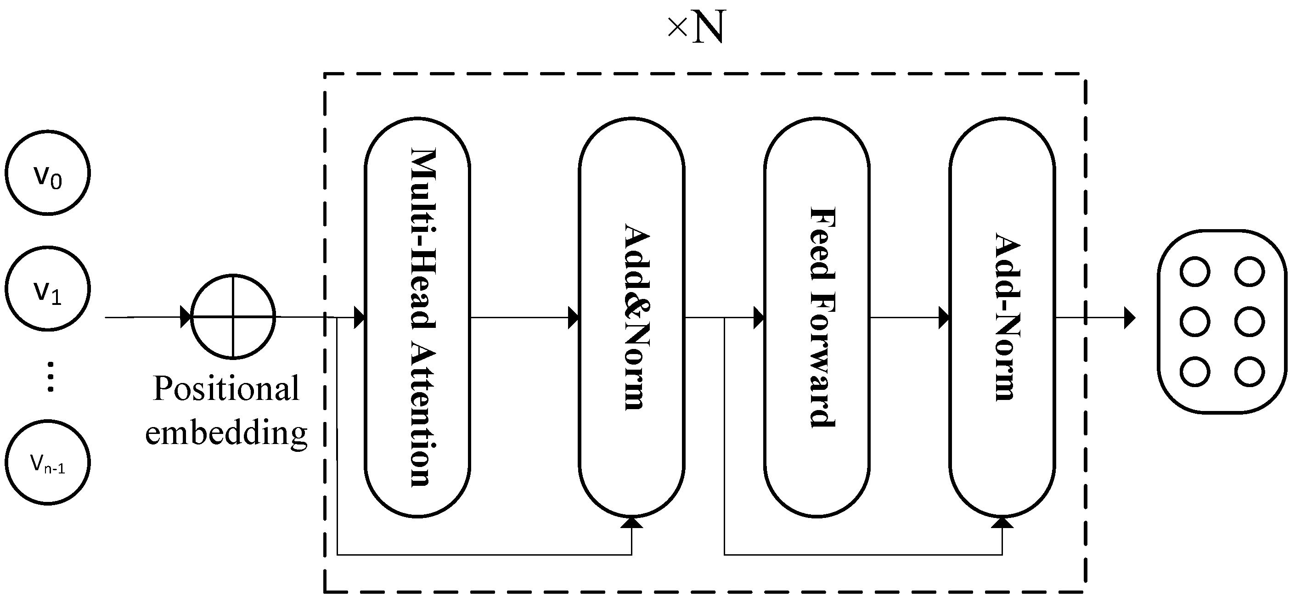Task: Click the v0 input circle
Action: click(48, 173)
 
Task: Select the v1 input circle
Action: click(48, 288)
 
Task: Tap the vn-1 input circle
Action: click(48, 462)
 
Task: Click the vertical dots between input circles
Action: click(50, 377)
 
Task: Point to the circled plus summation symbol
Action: click(233, 317)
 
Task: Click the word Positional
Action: click(226, 388)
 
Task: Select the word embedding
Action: click(226, 432)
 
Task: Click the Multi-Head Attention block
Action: click(417, 317)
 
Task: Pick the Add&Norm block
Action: click(631, 317)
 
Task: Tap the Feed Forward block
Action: click(817, 317)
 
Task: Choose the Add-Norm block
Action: click(1002, 317)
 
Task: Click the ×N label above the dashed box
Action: click(697, 28)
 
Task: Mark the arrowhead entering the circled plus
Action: click(186, 318)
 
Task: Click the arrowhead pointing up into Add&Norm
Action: click(631, 523)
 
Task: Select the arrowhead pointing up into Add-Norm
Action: click(1002, 523)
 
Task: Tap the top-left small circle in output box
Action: click(1195, 272)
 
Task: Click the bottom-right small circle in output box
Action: click(1249, 372)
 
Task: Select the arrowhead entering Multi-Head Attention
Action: click(359, 318)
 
